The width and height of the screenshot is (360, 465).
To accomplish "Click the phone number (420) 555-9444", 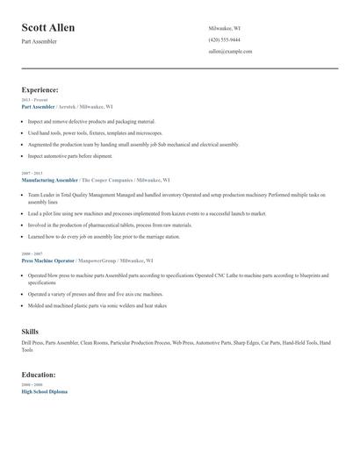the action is coord(224,39).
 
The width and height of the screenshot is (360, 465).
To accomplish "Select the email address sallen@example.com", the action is coord(230,52).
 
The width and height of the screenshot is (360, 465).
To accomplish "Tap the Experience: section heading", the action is coord(40,89).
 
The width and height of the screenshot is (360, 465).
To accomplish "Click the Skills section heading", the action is coord(30,331).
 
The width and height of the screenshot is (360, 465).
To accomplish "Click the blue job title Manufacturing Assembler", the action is coord(50,179).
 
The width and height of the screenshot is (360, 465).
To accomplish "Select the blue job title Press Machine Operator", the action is coord(48,261).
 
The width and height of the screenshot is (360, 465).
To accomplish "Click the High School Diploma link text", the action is coord(44,391).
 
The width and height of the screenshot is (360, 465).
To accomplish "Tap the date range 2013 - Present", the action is coord(33,100).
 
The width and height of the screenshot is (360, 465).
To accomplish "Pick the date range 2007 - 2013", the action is coord(32,173).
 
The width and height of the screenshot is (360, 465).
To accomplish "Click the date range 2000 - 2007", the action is coord(32,254).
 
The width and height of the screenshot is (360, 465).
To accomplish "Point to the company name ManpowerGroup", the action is coord(97,261).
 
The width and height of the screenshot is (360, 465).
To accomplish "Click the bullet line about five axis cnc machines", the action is coord(95,295).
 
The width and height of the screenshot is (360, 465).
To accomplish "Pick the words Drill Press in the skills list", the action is coord(32,342).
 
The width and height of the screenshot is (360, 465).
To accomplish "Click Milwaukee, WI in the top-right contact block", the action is coord(224,28).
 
